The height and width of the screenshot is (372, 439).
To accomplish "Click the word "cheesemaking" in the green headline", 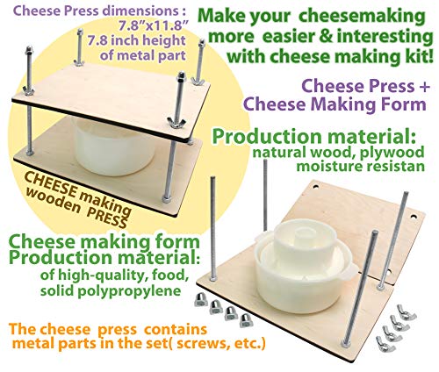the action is (363, 17).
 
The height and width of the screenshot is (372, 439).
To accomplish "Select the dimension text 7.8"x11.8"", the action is (153, 26).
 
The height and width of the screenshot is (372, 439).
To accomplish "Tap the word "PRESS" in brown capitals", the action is (106, 216).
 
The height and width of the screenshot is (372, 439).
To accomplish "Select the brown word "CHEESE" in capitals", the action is (51, 182).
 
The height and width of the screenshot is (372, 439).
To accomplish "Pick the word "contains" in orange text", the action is (176, 330).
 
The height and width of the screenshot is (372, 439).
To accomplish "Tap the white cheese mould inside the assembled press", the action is (113, 147).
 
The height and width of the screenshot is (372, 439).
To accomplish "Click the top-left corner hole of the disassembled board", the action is (316, 186).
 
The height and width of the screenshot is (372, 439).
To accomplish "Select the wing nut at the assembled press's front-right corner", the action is (176, 122).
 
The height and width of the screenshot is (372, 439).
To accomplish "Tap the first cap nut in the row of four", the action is (201, 300).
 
